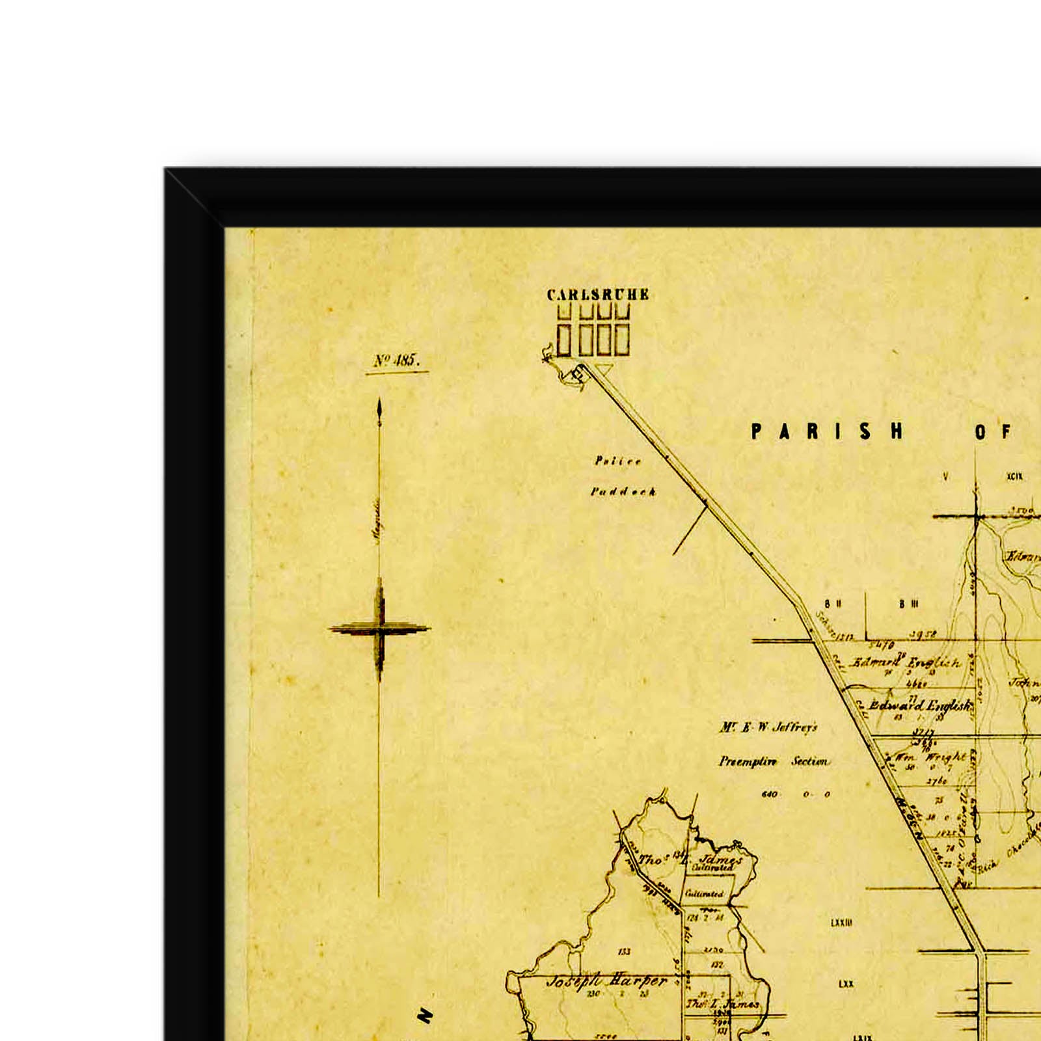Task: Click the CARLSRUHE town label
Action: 597,295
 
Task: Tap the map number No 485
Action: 397,361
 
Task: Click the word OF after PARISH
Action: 994,432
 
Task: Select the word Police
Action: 618,461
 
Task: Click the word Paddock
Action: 623,492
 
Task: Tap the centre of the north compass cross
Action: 380,629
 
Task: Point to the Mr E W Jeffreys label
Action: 768,727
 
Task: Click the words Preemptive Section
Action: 774,761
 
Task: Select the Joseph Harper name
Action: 606,981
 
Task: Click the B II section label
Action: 833,604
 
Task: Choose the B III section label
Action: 908,604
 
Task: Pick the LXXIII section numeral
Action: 841,923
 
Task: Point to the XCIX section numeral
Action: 1014,477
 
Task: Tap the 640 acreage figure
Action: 769,794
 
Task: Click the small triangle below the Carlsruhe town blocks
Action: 604,369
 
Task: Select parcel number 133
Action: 624,952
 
